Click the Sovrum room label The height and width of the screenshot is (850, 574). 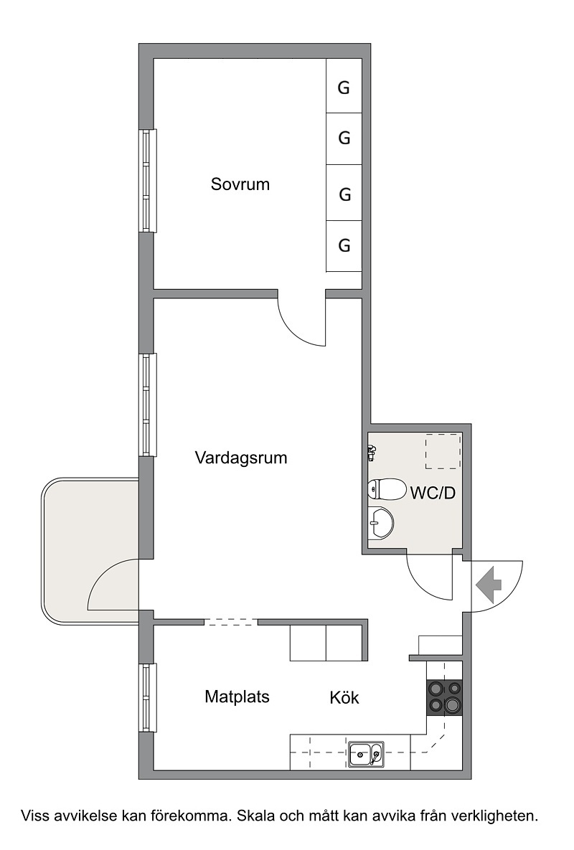(240, 184)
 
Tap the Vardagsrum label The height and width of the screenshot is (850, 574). (240, 458)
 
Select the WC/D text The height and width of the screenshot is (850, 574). (433, 494)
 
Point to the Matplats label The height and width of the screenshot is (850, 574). (237, 696)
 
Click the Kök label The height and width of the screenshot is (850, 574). (344, 697)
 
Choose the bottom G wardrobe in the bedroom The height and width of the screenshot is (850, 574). (344, 246)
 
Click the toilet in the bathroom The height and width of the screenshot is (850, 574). (387, 490)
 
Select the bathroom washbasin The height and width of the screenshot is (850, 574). (380, 523)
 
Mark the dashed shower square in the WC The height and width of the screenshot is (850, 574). (443, 451)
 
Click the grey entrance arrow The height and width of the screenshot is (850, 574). (489, 585)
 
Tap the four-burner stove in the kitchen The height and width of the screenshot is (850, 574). (444, 697)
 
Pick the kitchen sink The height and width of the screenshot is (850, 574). (367, 754)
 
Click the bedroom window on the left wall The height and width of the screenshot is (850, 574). (147, 181)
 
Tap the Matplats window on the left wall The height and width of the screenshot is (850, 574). (147, 698)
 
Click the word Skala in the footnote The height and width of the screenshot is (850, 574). (255, 816)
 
